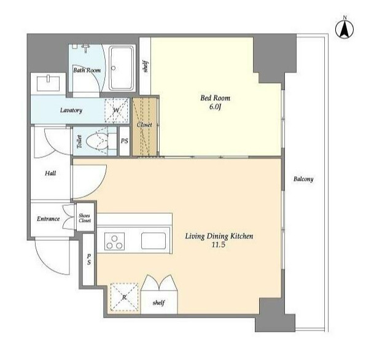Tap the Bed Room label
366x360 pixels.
(x=215, y=98)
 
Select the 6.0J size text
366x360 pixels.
(x=215, y=107)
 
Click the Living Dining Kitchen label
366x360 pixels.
(x=219, y=237)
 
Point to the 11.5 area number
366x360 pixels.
(x=219, y=245)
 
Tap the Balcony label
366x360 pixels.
(x=303, y=179)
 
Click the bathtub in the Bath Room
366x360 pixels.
(x=122, y=68)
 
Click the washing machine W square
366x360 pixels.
(x=117, y=111)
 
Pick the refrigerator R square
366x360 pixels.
(x=125, y=297)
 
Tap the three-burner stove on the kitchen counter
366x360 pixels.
(x=114, y=241)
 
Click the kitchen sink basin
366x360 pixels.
(x=154, y=241)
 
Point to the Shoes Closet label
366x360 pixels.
(x=85, y=218)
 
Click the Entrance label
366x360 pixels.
(x=49, y=219)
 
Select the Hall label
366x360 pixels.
(x=50, y=173)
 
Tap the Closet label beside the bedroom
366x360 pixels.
(x=144, y=125)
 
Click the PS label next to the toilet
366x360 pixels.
(x=125, y=141)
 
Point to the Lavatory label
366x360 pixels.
(x=71, y=110)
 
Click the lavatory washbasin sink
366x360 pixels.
(x=49, y=83)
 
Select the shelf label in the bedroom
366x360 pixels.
(x=146, y=66)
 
